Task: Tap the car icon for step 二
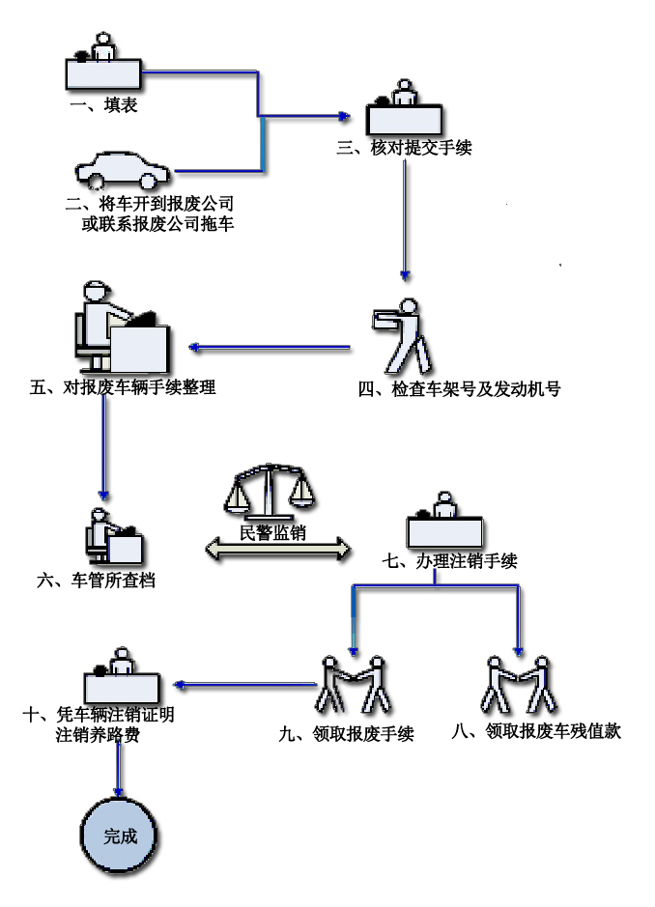123,170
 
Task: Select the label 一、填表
104,105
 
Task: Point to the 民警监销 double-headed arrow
278,550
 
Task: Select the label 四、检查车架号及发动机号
459,389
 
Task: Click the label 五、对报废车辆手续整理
123,388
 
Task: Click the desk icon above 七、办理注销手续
444,524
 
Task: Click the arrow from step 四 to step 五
270,347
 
